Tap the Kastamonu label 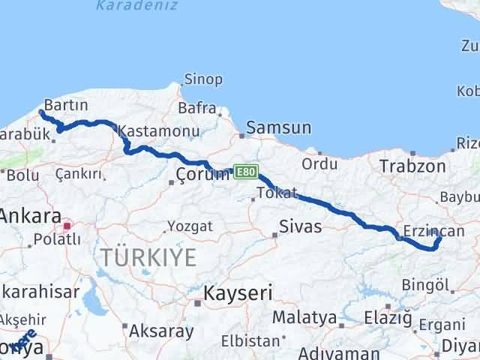point(158,130)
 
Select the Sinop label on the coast point(203,79)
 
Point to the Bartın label point(67,104)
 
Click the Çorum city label point(202,175)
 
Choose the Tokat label point(277,193)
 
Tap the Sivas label point(300,226)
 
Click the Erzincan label point(433,231)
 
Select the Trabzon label point(412,166)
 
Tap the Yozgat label point(190,226)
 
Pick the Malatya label point(304,317)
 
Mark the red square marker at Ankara point(67,225)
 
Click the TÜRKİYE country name point(148,258)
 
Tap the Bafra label point(197,109)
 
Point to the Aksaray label point(161,330)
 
